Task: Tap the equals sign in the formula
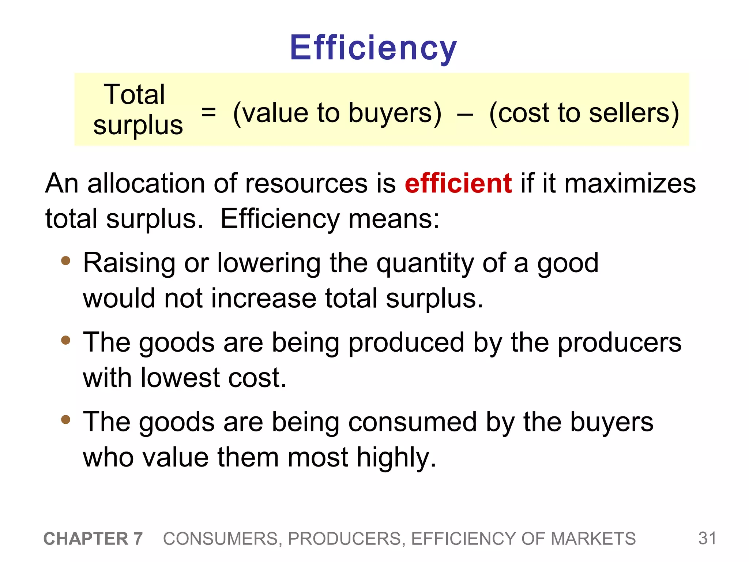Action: [x=208, y=112]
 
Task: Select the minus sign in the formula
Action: [x=465, y=114]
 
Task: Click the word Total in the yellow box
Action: [x=134, y=94]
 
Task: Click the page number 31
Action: [x=707, y=538]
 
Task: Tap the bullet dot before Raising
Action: [x=66, y=261]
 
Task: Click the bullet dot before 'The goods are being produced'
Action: [x=66, y=340]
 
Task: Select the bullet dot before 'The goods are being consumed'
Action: [x=66, y=420]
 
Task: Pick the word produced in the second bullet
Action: [x=406, y=343]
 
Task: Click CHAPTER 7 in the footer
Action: [x=93, y=539]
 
